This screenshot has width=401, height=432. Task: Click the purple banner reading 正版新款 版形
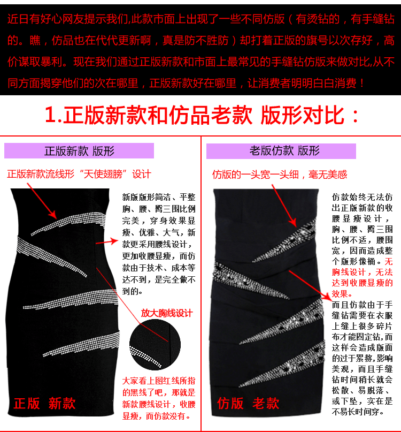coord(79,151)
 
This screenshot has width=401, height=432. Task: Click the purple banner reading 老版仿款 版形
coord(281,151)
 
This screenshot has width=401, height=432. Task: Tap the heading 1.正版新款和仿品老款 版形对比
coord(202,115)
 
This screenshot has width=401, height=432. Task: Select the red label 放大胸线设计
coord(167,313)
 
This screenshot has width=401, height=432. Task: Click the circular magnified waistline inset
coord(155,344)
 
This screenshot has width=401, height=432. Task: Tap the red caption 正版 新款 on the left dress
coord(44,403)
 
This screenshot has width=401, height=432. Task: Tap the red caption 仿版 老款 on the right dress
coord(248,403)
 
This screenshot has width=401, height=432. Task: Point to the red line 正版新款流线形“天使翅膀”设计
coord(79,174)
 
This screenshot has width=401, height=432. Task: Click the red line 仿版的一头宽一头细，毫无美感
coord(280,175)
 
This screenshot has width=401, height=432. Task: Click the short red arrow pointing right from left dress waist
coord(107,241)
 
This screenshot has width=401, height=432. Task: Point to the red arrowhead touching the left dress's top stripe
coord(52,214)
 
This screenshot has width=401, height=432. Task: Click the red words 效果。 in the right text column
coord(342,294)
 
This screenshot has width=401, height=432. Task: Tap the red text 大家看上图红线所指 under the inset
coord(159,381)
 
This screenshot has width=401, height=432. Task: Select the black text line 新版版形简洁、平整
coord(159,198)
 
